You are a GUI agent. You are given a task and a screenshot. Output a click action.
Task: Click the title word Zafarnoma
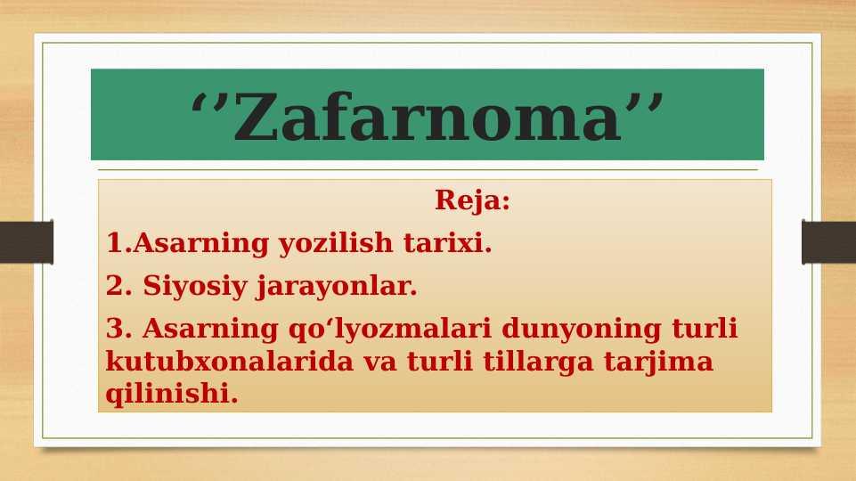[427, 117]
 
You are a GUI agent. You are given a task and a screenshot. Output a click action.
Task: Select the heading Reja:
[472, 200]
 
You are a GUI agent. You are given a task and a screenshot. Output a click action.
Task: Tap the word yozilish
[336, 243]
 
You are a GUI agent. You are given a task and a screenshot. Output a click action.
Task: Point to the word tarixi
[448, 242]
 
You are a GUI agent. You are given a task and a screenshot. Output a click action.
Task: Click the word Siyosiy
[195, 286]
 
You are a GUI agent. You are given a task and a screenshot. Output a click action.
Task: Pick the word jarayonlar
[337, 287]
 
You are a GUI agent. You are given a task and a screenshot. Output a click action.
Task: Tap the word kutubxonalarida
[229, 361]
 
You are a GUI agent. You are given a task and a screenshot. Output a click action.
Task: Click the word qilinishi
[172, 394]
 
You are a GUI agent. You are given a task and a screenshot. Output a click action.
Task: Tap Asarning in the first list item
[200, 243]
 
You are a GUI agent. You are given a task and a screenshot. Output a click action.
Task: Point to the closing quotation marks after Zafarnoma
[645, 102]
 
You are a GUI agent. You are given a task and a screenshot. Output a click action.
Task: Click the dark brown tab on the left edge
[26, 242]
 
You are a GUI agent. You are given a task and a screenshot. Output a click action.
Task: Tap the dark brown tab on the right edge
[828, 242]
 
